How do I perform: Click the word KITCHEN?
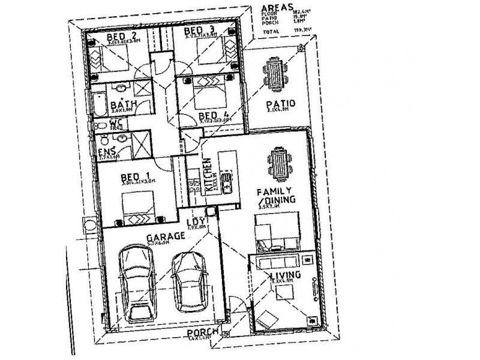[x=208, y=175]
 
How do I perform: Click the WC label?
[x=116, y=123]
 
